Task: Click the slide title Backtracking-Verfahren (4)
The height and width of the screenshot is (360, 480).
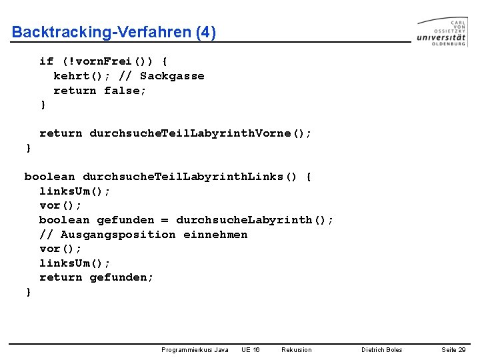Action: (114, 32)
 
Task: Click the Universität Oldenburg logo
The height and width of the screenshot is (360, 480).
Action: (441, 31)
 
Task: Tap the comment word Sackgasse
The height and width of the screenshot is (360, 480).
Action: (172, 76)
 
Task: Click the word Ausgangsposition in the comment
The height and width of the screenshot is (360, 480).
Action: (118, 235)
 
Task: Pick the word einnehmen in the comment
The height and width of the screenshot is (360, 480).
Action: (215, 235)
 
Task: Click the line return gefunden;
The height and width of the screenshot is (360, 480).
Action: (96, 277)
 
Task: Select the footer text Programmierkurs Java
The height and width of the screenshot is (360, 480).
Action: (195, 349)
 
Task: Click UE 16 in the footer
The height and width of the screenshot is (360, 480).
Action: (251, 349)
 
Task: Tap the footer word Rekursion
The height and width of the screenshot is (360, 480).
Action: (296, 349)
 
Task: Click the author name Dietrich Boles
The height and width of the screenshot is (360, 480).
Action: (381, 349)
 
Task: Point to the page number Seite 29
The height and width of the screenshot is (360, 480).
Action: (453, 349)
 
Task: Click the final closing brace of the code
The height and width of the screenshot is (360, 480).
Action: (28, 292)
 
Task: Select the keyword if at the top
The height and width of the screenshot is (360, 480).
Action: (47, 61)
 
